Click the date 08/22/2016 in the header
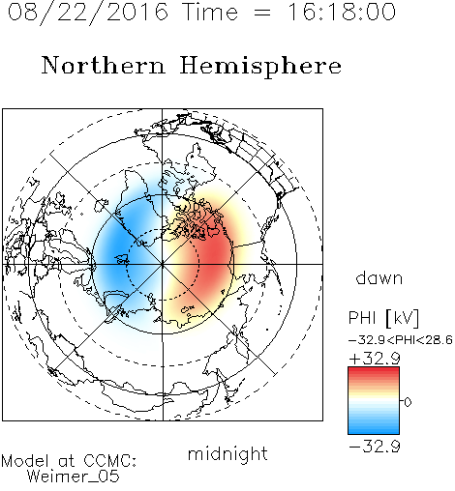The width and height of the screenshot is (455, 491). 88,13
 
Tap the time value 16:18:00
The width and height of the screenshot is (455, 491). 341,12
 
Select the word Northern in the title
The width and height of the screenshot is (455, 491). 104,65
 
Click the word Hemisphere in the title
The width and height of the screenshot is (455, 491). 260,67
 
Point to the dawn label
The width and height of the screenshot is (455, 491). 379,277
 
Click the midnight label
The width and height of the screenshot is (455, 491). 227,453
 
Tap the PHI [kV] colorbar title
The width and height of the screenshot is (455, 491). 383,318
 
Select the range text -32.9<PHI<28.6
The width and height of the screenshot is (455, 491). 401,340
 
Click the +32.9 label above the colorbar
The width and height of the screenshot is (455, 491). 375,359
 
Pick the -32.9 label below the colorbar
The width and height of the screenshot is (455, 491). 375,447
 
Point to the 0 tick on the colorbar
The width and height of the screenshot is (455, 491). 408,402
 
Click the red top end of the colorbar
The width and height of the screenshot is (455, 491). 374,369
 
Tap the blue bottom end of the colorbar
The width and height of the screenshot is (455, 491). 374,431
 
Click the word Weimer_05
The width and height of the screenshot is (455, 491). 74,477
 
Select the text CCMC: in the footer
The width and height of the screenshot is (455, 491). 110,461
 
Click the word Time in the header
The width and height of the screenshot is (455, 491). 210,12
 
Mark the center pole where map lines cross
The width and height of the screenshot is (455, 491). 163,264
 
